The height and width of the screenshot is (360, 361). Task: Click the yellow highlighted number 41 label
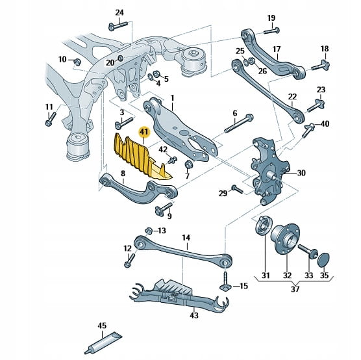coord(144,133)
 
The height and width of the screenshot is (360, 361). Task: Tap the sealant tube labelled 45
coord(103,344)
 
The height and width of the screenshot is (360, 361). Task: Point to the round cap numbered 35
coord(323,260)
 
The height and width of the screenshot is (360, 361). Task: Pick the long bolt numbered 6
coord(239,123)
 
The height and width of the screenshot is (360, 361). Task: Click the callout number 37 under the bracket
coord(295,289)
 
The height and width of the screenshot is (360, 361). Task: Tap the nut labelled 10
coord(77,62)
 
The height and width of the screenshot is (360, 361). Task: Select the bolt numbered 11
coord(51,119)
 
